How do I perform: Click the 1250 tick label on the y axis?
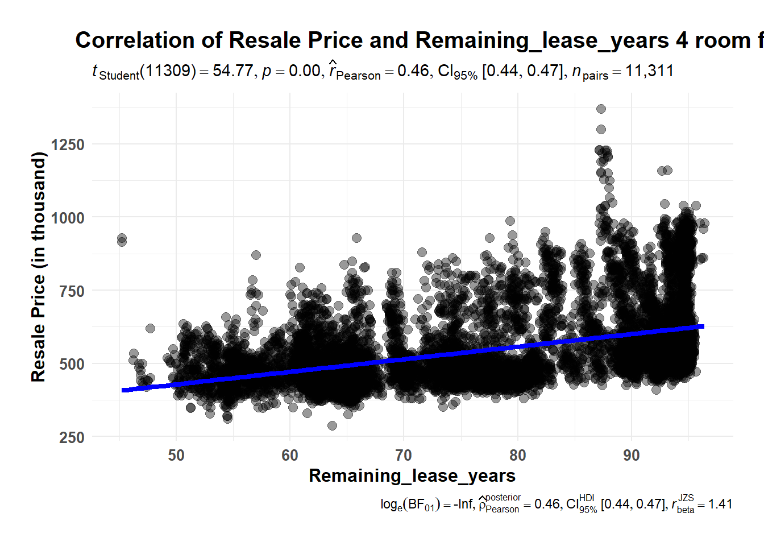pos(68,144)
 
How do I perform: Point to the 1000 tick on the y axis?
pos(68,218)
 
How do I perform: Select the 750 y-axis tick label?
pos(72,291)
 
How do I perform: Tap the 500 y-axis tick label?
pos(72,364)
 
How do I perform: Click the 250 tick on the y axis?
pos(72,437)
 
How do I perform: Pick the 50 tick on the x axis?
pos(176,456)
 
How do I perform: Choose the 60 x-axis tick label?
pos(290,456)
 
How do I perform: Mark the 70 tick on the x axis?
pos(404,456)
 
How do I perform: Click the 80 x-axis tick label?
pos(518,456)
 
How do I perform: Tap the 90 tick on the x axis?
pos(632,456)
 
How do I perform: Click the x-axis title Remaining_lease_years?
pos(412,475)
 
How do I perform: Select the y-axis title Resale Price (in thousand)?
pos(38,267)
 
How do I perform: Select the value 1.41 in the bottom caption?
pos(720,504)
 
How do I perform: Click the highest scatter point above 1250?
pos(601,109)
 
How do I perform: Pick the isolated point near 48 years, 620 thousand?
pos(150,328)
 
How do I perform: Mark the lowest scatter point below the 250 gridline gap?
pos(332,425)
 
